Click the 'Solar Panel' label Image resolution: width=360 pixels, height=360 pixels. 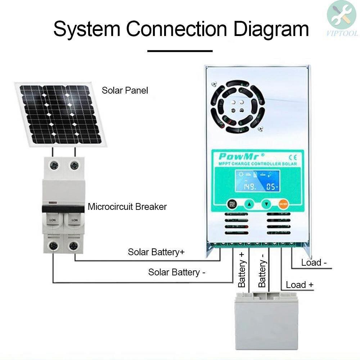pyautogui.click(x=125, y=90)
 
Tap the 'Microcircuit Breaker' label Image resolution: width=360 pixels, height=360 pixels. pyautogui.click(x=127, y=207)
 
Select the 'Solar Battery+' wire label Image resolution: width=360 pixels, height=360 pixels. pyautogui.click(x=156, y=252)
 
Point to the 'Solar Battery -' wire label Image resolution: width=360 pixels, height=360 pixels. pyautogui.click(x=177, y=272)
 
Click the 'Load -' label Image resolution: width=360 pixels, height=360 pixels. pyautogui.click(x=314, y=262)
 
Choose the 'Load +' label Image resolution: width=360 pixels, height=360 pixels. pyautogui.click(x=300, y=285)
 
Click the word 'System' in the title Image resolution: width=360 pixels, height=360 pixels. pyautogui.click(x=86, y=29)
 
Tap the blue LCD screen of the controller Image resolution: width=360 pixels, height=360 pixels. pyautogui.click(x=255, y=181)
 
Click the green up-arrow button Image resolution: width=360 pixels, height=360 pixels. pyautogui.click(x=249, y=204)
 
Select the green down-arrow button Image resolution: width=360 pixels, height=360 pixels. pyautogui.click(x=266, y=204)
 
